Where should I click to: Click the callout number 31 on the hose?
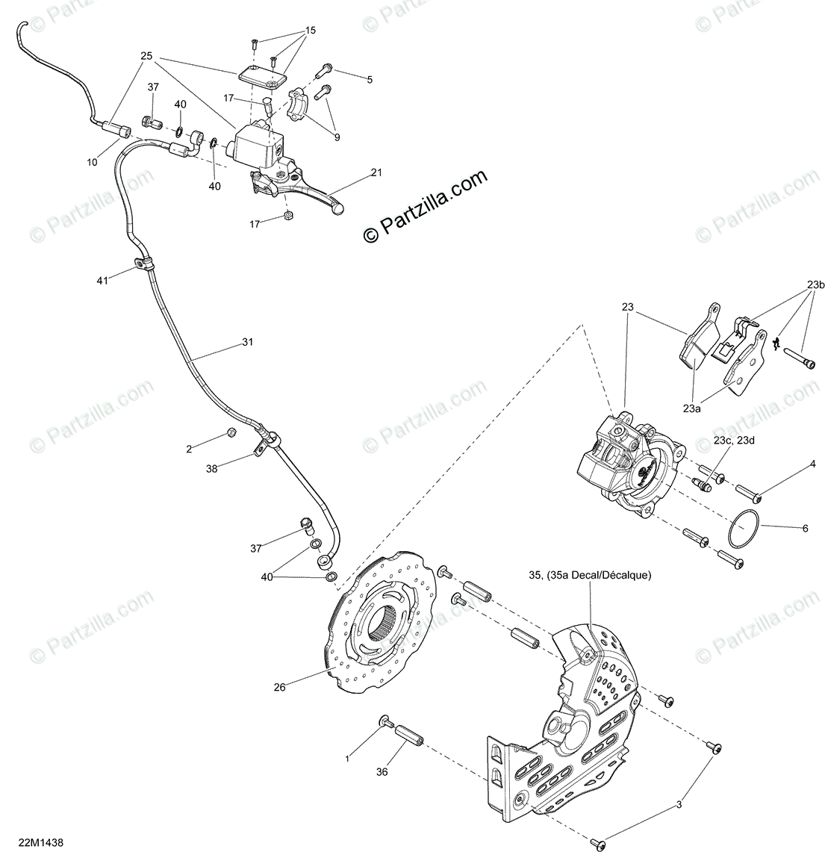tap(247, 342)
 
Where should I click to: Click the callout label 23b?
tap(815, 284)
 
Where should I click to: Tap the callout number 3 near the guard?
tap(679, 804)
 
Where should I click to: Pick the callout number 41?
tap(102, 280)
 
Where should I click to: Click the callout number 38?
tap(212, 469)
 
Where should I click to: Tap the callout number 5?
tap(369, 79)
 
